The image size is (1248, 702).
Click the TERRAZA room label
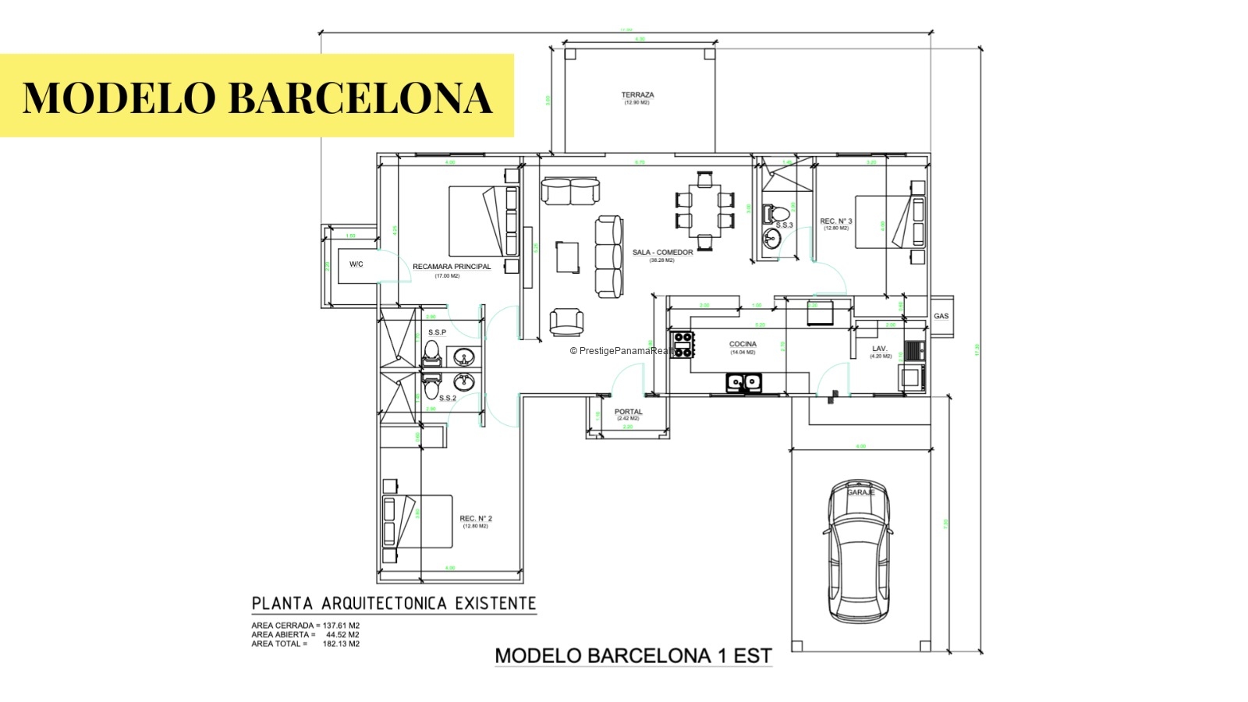637,95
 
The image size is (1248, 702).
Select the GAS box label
941,316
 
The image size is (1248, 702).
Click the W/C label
356,264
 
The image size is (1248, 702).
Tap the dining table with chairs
704,210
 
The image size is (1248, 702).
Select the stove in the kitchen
683,344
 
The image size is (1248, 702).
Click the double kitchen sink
744,382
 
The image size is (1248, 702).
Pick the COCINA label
743,344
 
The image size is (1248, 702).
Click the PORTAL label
628,412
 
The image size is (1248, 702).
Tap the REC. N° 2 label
476,519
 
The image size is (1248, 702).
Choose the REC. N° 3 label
836,222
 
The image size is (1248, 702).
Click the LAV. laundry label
880,349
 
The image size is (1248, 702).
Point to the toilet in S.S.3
778,212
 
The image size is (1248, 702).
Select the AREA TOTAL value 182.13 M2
341,644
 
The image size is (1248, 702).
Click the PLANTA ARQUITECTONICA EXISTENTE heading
394,604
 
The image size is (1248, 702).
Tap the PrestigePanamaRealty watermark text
624,351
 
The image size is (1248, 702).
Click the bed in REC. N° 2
418,521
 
